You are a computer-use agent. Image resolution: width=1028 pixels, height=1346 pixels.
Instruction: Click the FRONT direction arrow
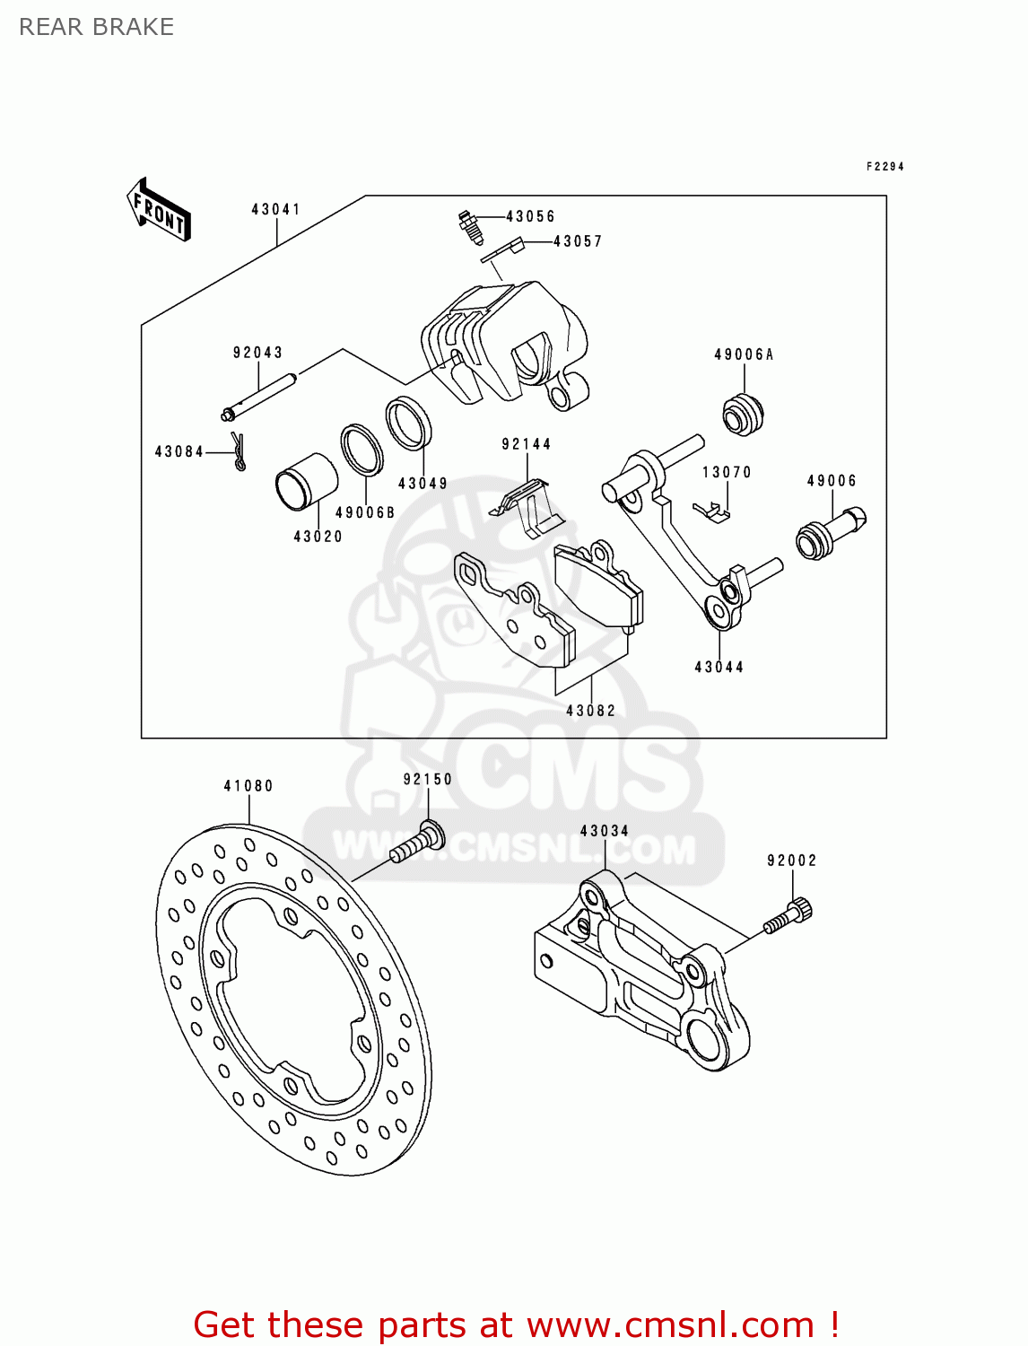[x=159, y=209]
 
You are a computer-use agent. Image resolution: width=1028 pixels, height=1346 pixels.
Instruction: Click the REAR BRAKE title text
[x=96, y=27]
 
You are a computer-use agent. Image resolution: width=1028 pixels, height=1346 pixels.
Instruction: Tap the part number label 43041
[x=275, y=209]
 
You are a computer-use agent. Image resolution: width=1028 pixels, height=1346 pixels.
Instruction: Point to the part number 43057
[x=578, y=241]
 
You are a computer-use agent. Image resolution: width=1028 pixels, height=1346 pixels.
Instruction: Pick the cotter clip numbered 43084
[x=238, y=450]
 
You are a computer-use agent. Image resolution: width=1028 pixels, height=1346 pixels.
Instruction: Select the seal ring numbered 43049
[x=408, y=423]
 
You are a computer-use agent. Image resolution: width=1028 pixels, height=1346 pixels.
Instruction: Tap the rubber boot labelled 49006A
[x=743, y=414]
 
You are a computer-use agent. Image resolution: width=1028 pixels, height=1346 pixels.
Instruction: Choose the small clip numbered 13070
[x=713, y=511]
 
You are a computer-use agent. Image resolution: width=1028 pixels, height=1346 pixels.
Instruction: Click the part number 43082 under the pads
[x=590, y=711]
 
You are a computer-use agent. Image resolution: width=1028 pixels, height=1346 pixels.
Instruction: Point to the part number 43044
[x=719, y=667]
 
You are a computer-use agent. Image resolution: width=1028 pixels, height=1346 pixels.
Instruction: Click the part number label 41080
[x=248, y=786]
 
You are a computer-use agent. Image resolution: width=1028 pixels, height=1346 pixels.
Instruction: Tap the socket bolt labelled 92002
[x=788, y=916]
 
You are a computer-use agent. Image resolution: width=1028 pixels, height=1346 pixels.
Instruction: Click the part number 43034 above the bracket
[x=604, y=831]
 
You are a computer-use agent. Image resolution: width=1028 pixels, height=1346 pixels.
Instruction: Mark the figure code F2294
[x=884, y=166]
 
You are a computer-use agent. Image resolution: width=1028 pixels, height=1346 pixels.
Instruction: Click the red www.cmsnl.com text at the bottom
[x=669, y=1325]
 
